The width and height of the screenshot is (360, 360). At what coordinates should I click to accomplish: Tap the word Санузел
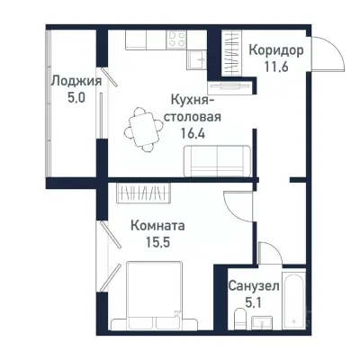253,286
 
